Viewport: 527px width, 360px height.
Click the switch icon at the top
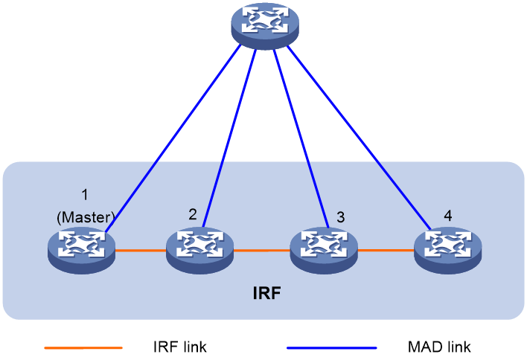(x=265, y=25)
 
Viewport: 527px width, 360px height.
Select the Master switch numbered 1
(x=82, y=250)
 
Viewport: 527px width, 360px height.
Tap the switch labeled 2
(x=200, y=250)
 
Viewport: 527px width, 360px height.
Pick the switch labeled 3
(x=324, y=250)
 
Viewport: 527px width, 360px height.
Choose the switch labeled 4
(x=447, y=250)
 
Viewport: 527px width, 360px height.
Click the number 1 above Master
(x=85, y=195)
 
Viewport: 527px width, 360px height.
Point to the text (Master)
(x=86, y=217)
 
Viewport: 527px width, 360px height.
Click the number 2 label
(x=193, y=214)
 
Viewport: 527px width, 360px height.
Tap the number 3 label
(x=340, y=217)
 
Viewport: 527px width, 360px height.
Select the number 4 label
(x=447, y=216)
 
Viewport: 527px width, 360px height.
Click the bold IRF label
(x=266, y=293)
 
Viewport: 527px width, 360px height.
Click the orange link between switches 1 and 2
(x=141, y=250)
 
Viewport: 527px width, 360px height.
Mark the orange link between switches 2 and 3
(x=262, y=250)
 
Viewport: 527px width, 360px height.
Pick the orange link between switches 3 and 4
(x=386, y=250)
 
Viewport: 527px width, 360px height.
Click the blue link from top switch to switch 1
(x=173, y=138)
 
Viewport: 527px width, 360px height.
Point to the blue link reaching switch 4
(x=359, y=138)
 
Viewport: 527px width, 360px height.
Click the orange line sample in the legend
(x=83, y=348)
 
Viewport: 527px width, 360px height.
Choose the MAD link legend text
(x=439, y=347)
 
